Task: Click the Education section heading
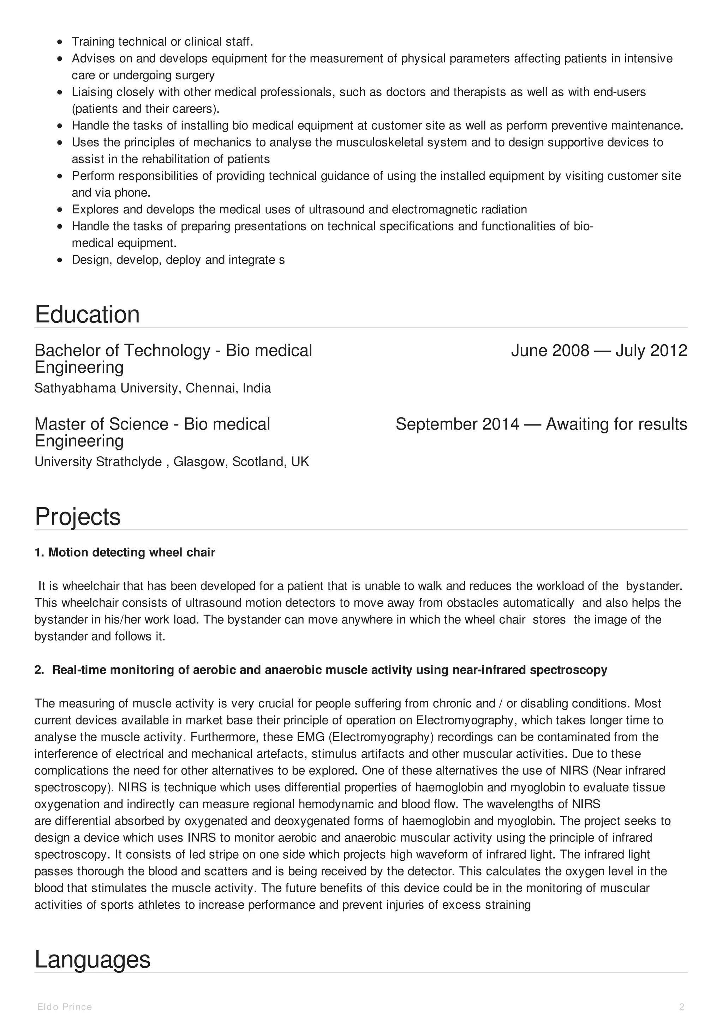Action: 87,314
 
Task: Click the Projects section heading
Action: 78,516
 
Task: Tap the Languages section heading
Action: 92,959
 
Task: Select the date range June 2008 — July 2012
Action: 599,351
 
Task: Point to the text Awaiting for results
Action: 616,424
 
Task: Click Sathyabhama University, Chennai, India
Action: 153,388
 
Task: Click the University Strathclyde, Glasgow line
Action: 172,462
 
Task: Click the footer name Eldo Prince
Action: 65,1007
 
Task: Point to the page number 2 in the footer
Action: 682,1007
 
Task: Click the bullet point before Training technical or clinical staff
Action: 60,42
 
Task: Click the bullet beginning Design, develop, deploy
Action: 178,260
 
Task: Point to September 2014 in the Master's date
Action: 457,424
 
